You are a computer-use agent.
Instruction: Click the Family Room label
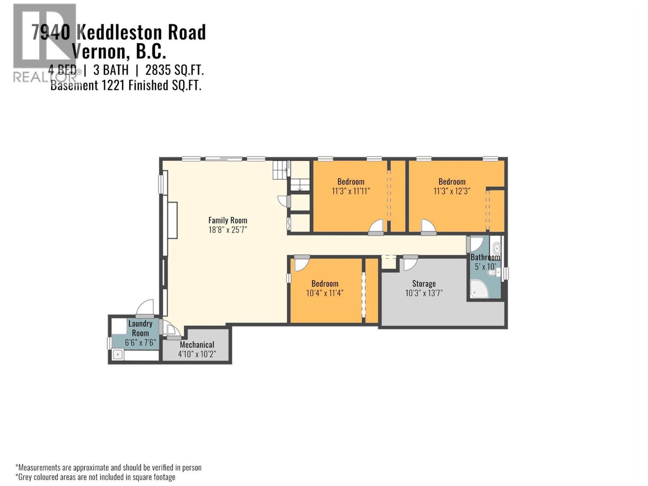pyautogui.click(x=228, y=220)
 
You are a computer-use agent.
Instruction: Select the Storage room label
pyautogui.click(x=424, y=283)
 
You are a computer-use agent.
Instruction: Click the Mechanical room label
pyautogui.click(x=197, y=345)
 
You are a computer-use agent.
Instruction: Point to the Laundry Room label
pyautogui.click(x=140, y=328)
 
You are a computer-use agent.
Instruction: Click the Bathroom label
pyautogui.click(x=485, y=257)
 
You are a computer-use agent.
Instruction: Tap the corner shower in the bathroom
pyautogui.click(x=478, y=290)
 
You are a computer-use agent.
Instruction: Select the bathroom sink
pyautogui.click(x=497, y=248)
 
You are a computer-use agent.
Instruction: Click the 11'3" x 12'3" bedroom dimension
pyautogui.click(x=452, y=191)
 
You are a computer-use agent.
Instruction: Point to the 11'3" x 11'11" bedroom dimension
pyautogui.click(x=351, y=191)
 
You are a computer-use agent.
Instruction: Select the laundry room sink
pyautogui.click(x=118, y=355)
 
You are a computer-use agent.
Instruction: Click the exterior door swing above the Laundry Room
pyautogui.click(x=146, y=308)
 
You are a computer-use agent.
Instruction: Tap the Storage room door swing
pyautogui.click(x=410, y=264)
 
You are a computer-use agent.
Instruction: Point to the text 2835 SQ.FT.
pyautogui.click(x=174, y=70)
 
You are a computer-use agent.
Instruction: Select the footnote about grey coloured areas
pyautogui.click(x=96, y=477)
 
